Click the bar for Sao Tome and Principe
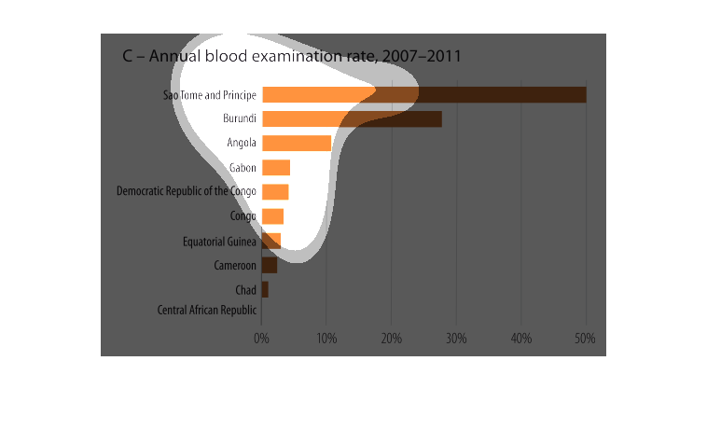[423, 94]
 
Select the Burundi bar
[352, 118]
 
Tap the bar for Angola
[297, 143]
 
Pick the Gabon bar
[276, 168]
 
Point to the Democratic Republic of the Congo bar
[275, 192]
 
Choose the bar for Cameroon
[270, 265]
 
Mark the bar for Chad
[265, 290]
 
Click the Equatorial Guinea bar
[271, 241]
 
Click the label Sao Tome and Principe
[209, 95]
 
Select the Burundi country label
[240, 119]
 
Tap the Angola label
[242, 144]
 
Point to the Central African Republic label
[206, 310]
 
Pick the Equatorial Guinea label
[219, 242]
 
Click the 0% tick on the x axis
[262, 338]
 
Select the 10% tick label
[326, 338]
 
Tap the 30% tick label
[456, 338]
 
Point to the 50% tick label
[585, 338]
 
